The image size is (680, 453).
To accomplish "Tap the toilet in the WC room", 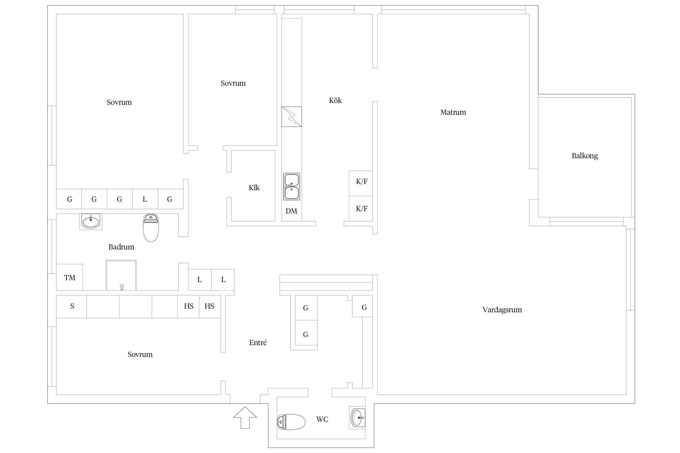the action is click(291, 422).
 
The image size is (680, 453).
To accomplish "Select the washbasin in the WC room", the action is click(358, 418).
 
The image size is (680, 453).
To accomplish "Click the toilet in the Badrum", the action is click(151, 228).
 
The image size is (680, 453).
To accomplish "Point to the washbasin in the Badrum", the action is click(91, 222).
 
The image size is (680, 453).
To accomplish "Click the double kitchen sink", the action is click(292, 187).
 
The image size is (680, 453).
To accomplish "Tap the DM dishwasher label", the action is click(291, 211).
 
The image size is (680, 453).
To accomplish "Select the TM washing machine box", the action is click(70, 277).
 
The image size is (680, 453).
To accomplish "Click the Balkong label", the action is click(584, 156).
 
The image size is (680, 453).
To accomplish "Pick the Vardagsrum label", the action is click(502, 310).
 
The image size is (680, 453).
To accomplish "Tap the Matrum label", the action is click(453, 112).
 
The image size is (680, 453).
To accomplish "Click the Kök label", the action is click(335, 100).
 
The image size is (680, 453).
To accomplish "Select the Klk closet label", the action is click(254, 188).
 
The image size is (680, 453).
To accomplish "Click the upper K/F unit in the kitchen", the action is click(361, 183).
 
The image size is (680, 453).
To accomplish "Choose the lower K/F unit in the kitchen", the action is click(361, 209).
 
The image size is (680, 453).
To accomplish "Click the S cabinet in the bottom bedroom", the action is click(72, 307).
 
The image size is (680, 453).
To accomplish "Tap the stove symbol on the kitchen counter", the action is click(292, 117).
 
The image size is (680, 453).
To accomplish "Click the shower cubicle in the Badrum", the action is click(121, 275).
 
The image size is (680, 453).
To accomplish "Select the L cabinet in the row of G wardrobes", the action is click(145, 199).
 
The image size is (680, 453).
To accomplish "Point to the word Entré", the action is click(258, 342).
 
